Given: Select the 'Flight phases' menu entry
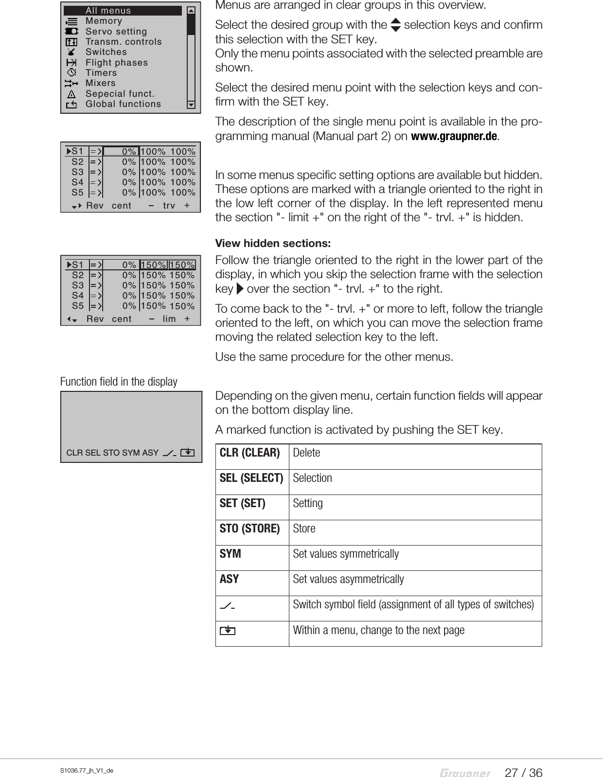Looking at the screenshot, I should coord(116,63).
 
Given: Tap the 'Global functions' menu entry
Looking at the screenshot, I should coord(123,104).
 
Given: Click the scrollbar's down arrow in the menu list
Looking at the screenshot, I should coord(191,105).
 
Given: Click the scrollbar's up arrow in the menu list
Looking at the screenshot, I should coord(191,11).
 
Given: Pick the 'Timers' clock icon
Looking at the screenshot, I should coord(71,72).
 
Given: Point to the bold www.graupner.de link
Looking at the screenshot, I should coord(454,136).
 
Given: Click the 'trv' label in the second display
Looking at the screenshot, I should coord(169,206).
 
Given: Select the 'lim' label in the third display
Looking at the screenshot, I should coord(169,319).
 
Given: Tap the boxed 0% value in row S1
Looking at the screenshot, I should coord(122,151).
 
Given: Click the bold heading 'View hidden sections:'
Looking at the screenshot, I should coord(273,243).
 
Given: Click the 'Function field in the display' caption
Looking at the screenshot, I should coord(119,382).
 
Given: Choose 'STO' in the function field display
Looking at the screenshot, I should coord(111,453).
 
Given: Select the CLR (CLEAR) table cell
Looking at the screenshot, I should coord(250,453).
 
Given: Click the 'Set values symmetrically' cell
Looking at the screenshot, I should coord(346,554).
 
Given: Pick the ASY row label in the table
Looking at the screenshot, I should coord(230,579).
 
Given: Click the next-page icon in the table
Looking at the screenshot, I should coord(227,631).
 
